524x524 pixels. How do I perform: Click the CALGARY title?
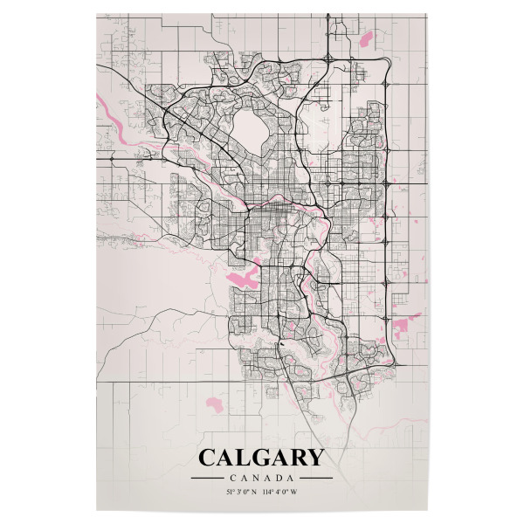(260, 458)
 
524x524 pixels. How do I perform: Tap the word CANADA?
(261, 478)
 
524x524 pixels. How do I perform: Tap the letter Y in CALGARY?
(314, 458)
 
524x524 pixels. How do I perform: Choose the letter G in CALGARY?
(260, 458)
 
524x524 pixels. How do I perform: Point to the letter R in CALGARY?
(297, 458)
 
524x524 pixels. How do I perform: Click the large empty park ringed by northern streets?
(256, 127)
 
